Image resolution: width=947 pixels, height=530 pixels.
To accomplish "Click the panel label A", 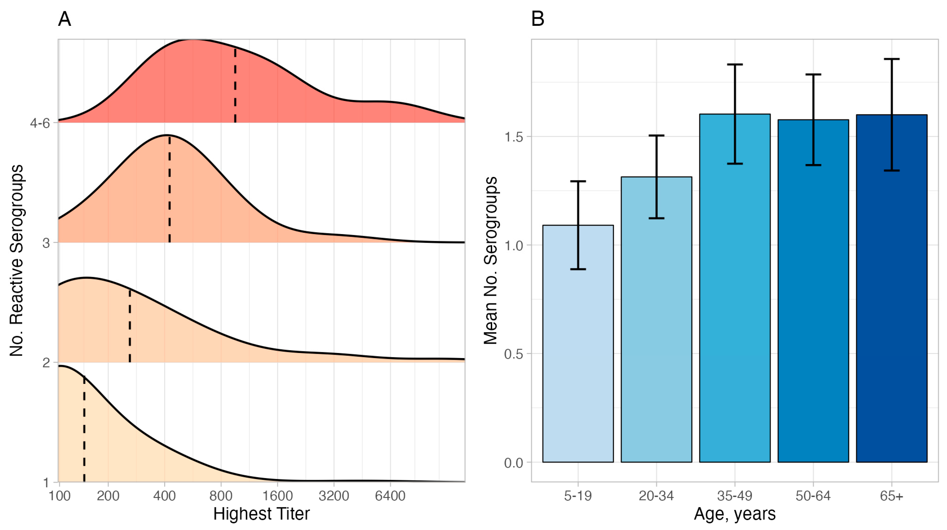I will (64, 19).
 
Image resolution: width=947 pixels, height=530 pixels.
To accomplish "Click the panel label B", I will (537, 19).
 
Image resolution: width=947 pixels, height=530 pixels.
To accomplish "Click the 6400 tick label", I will (390, 496).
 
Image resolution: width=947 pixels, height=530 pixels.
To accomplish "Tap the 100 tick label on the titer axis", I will (59, 496).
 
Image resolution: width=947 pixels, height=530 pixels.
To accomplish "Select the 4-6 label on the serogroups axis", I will (40, 123).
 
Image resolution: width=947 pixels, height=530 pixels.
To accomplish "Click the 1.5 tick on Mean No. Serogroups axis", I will (514, 137).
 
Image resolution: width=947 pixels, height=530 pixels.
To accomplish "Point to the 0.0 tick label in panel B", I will (514, 463).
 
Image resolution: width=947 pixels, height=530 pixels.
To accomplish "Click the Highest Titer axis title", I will (261, 514).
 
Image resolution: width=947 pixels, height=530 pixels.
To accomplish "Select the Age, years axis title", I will (735, 514).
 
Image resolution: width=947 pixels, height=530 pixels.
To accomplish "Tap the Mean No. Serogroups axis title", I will (490, 260).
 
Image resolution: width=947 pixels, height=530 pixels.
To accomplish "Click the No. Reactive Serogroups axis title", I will (17, 260).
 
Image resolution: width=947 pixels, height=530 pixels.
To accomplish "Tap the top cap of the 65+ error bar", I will (892, 59).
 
